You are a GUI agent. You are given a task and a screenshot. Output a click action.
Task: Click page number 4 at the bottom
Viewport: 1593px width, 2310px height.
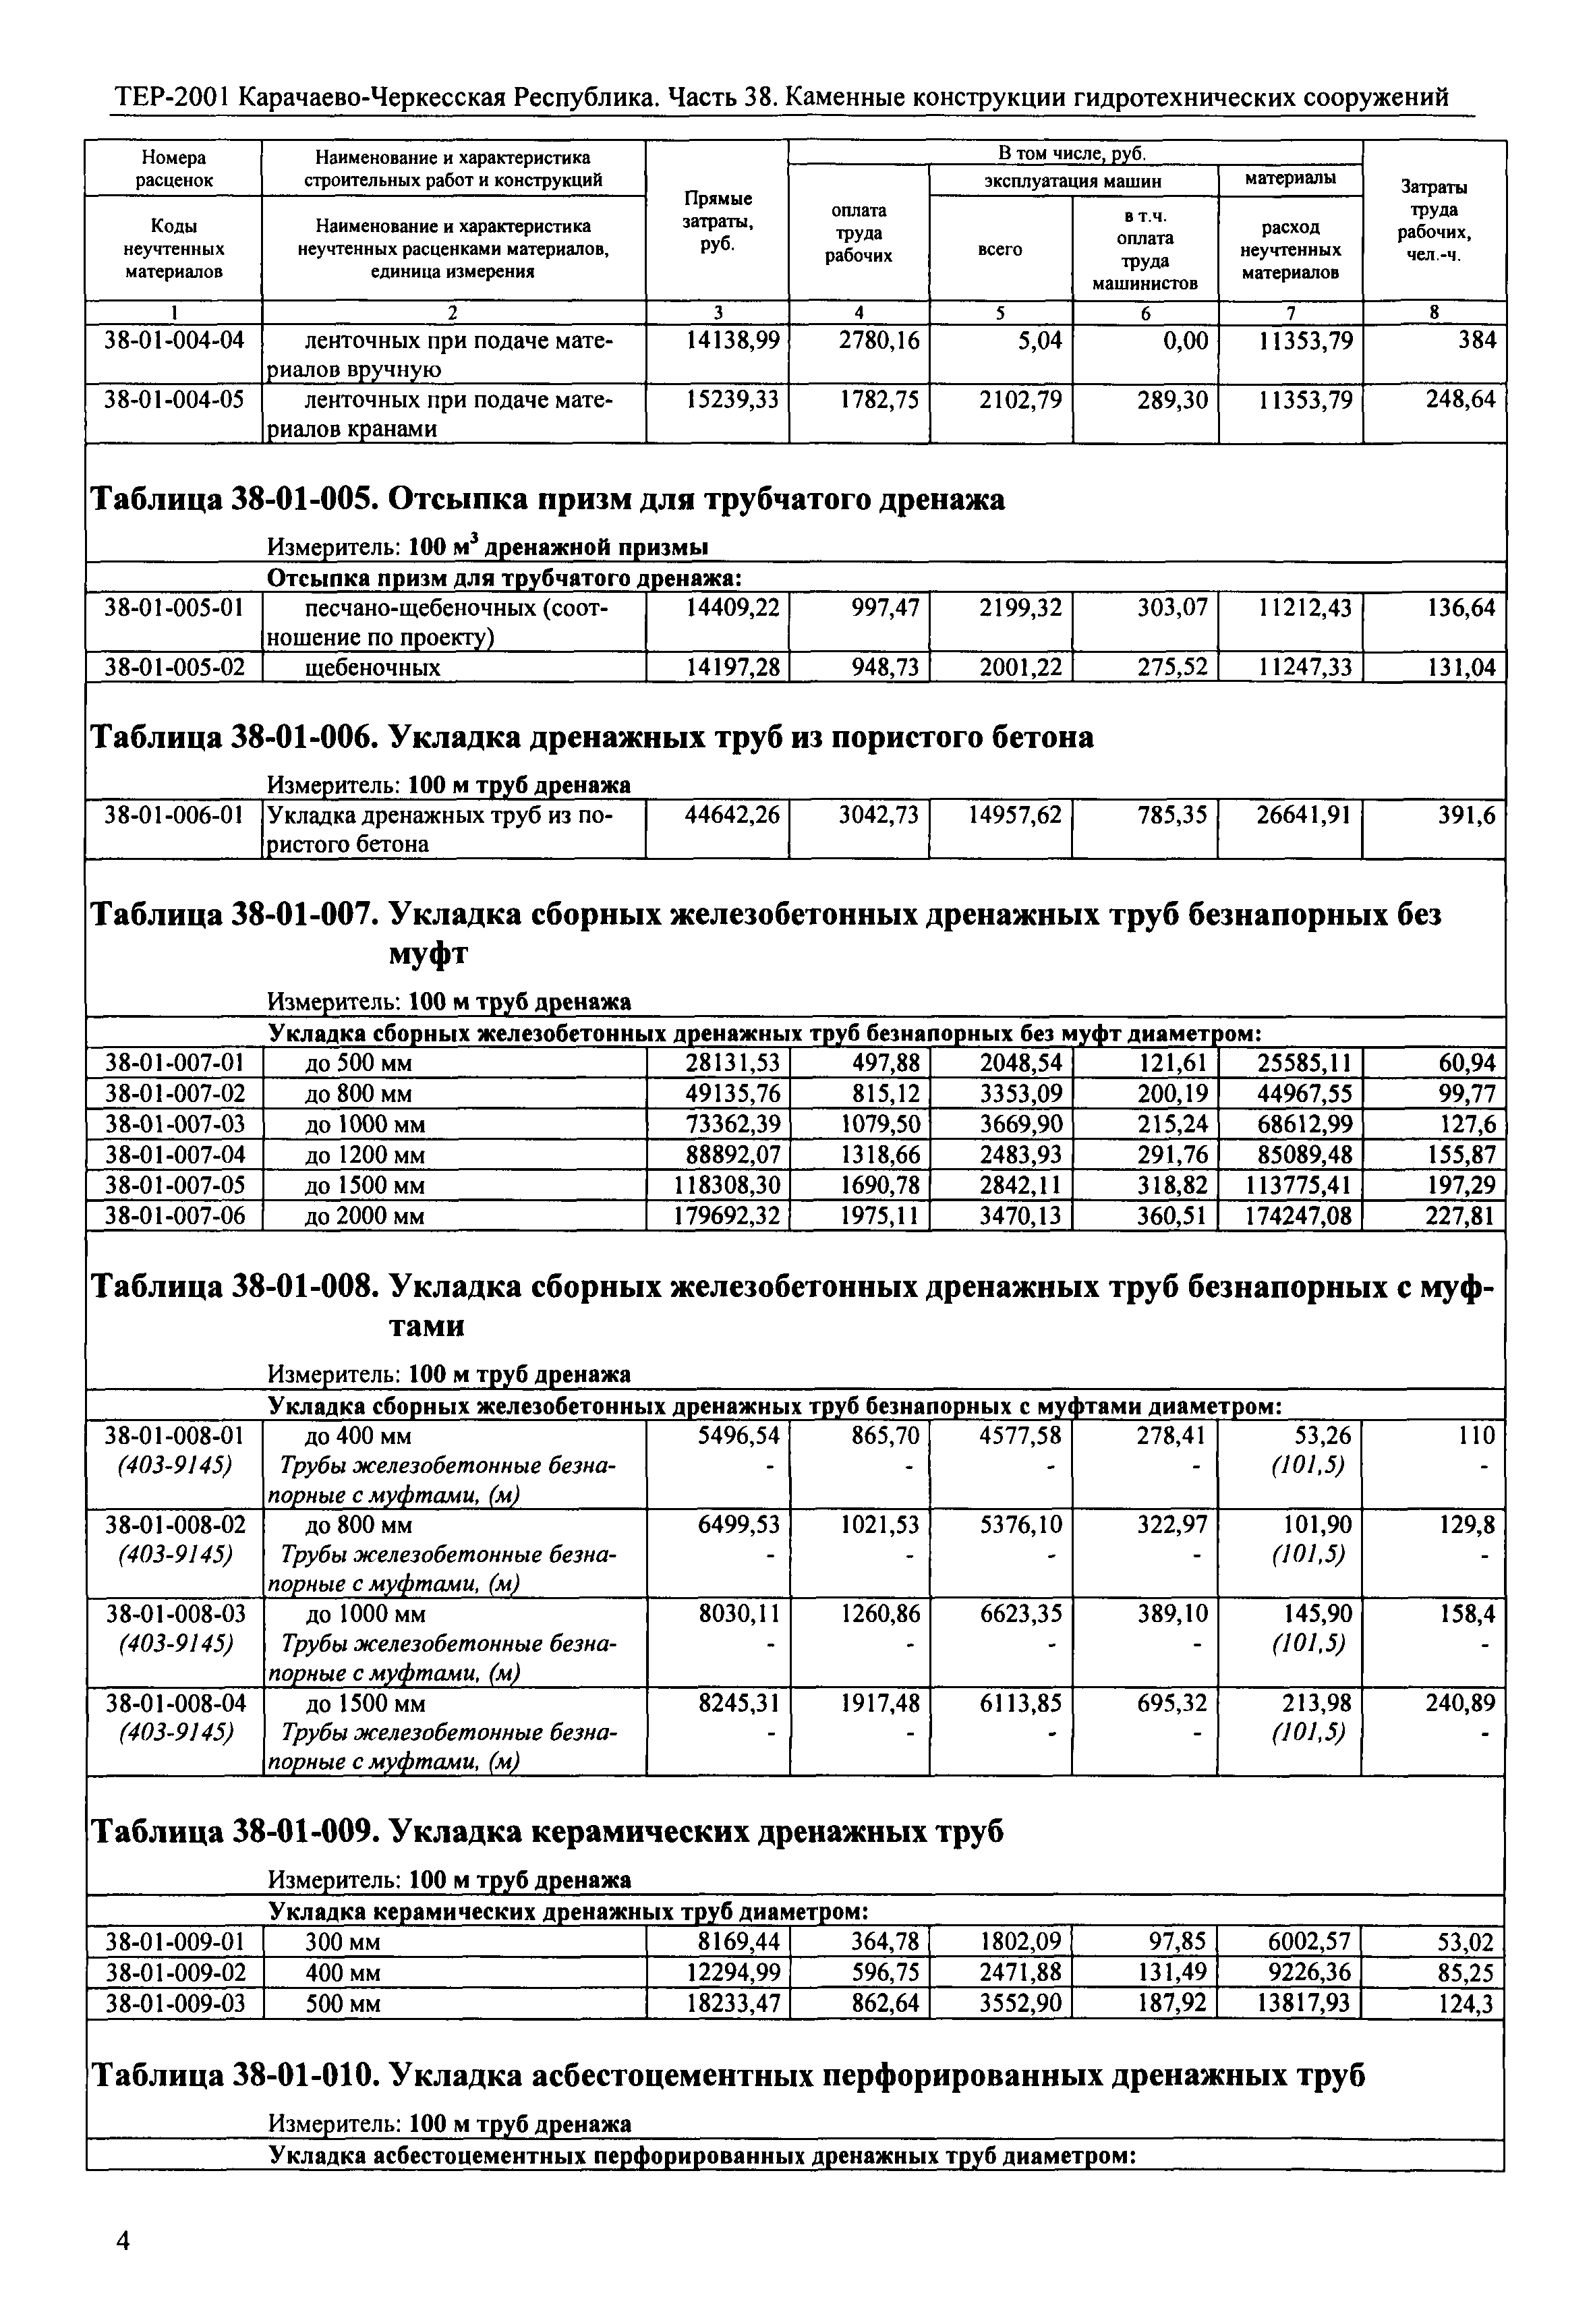pos(123,2241)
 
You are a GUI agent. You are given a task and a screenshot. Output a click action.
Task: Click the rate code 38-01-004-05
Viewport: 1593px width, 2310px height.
pos(174,401)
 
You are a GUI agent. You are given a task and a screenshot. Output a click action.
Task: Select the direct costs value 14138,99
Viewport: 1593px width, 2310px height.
pos(732,341)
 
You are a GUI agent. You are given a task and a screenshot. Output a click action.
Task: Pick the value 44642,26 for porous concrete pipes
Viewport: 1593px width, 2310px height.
pos(732,815)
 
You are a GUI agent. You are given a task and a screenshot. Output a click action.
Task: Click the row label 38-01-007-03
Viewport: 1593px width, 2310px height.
pos(174,1124)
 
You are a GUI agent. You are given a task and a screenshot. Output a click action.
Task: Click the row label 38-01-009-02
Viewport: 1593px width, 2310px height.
pos(174,1973)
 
